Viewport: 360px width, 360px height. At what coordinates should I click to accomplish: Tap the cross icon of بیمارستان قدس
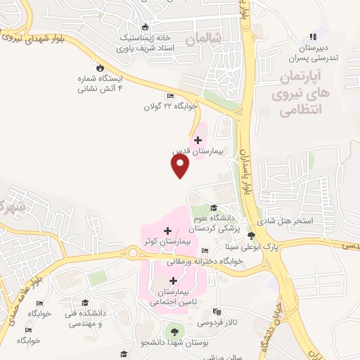(198, 140)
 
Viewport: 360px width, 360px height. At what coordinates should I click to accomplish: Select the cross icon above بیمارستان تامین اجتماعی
(173, 281)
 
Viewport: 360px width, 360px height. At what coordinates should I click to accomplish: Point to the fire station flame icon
(101, 67)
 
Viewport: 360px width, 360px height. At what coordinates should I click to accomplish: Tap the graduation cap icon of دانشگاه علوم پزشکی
(214, 206)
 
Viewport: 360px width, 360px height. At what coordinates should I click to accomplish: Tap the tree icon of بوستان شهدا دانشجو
(174, 330)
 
